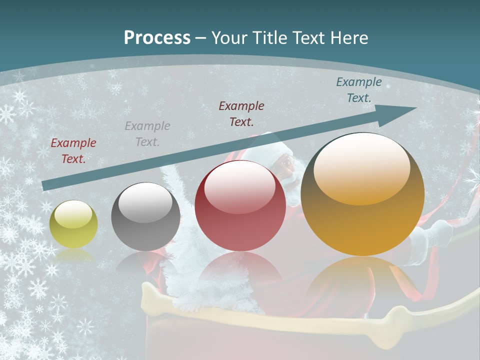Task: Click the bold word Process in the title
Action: tap(157, 38)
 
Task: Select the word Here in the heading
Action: tap(349, 38)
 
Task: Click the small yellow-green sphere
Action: tap(73, 224)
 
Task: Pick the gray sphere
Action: tap(145, 216)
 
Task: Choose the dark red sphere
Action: tap(240, 205)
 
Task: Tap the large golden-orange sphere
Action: tap(362, 195)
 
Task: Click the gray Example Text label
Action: tap(147, 134)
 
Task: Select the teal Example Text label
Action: tap(359, 90)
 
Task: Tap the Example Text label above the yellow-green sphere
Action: tap(73, 151)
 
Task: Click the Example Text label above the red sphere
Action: tap(241, 113)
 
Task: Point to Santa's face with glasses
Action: tap(286, 164)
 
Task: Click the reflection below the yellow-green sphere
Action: tap(73, 255)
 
